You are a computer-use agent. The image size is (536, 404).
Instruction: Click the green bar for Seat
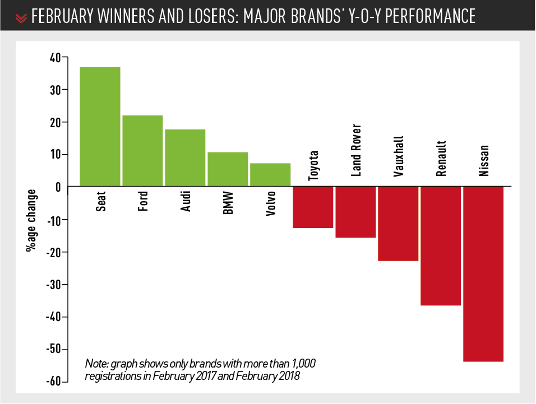(100, 127)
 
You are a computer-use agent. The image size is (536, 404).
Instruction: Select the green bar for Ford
(142, 151)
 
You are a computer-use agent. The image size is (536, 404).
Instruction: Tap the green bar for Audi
(185, 157)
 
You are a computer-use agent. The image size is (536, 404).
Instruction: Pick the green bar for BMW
(228, 169)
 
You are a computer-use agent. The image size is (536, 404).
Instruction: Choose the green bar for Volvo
(270, 174)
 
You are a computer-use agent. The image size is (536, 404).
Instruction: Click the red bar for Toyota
(313, 207)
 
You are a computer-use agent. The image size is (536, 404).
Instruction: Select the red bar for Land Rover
(355, 212)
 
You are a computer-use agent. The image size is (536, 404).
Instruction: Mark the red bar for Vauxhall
(398, 224)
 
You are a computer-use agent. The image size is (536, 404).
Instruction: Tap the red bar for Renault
(441, 246)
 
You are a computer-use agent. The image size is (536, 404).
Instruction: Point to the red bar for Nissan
(483, 274)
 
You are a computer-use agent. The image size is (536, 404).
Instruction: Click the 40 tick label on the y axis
(55, 57)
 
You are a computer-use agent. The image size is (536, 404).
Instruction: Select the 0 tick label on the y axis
(58, 187)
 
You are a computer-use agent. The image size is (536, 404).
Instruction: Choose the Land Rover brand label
(356, 151)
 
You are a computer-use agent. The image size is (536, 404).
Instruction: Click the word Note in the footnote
(95, 364)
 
